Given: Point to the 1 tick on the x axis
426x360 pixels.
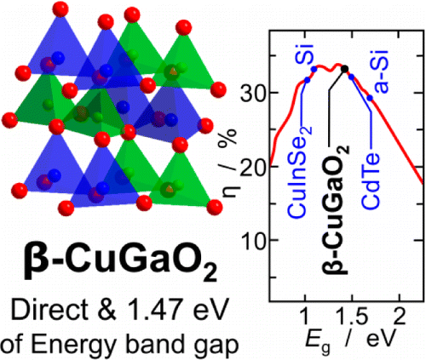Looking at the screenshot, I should coord(304,316).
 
